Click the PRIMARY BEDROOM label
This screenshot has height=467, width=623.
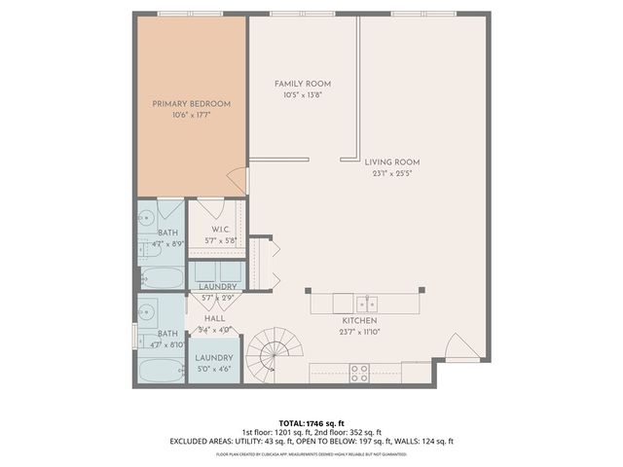pyautogui.click(x=191, y=104)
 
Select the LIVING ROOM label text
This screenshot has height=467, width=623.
pyautogui.click(x=392, y=162)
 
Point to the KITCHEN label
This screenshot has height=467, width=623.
pyautogui.click(x=359, y=320)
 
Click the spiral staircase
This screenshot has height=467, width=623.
pyautogui.click(x=269, y=353)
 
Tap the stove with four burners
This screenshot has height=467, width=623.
pyautogui.click(x=359, y=372)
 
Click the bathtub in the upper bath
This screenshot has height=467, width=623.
pyautogui.click(x=160, y=277)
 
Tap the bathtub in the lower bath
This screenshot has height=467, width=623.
pyautogui.click(x=160, y=372)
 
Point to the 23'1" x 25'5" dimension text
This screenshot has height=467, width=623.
pyautogui.click(x=392, y=173)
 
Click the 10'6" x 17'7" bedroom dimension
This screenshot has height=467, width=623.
pyautogui.click(x=191, y=115)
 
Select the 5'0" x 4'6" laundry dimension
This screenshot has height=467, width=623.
pyautogui.click(x=214, y=369)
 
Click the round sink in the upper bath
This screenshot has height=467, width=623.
pyautogui.click(x=147, y=216)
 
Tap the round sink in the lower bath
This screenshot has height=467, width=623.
pyautogui.click(x=147, y=312)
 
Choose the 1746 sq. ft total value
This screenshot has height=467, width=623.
pyautogui.click(x=326, y=424)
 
